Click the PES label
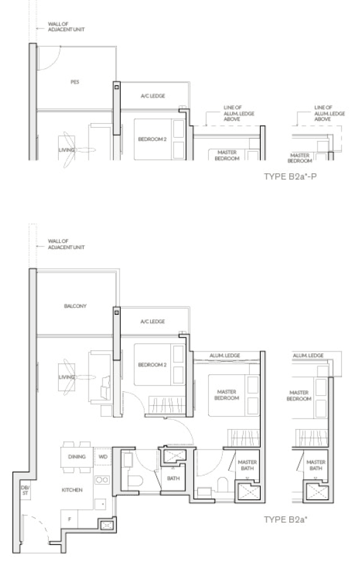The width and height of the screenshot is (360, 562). pyautogui.click(x=75, y=82)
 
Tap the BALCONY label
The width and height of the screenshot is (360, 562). pyautogui.click(x=75, y=306)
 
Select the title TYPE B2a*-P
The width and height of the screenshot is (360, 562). pyautogui.click(x=290, y=176)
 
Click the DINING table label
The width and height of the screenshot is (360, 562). pyautogui.click(x=77, y=456)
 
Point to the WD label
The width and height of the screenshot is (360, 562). pyautogui.click(x=103, y=456)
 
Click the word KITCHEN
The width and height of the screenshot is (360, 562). pyautogui.click(x=72, y=490)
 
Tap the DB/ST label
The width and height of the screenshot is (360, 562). pyautogui.click(x=25, y=491)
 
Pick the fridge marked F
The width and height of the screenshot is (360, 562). pyautogui.click(x=70, y=518)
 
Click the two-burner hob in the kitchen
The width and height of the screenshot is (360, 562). pyautogui.click(x=102, y=480)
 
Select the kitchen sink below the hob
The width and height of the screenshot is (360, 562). pyautogui.click(x=101, y=504)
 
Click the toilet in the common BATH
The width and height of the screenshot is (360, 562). pyautogui.click(x=135, y=481)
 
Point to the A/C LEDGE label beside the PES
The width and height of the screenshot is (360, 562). pyautogui.click(x=153, y=96)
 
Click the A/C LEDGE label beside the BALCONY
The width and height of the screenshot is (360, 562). pyautogui.click(x=152, y=322)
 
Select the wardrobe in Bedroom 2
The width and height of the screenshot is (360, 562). pyautogui.click(x=167, y=405)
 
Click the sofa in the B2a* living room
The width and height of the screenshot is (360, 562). pyautogui.click(x=101, y=378)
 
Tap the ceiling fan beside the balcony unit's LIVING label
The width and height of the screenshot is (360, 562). pyautogui.click(x=73, y=377)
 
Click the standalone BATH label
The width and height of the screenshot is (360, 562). pyautogui.click(x=173, y=478)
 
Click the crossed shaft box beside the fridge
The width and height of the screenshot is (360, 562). pyautogui.click(x=107, y=525)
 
